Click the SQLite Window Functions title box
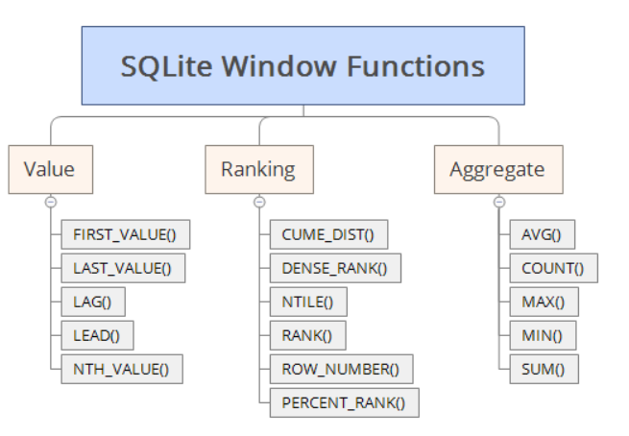[x=302, y=65]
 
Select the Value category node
[x=49, y=170]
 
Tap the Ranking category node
[x=257, y=170]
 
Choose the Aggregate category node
[x=496, y=170]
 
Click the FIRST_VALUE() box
[x=125, y=234]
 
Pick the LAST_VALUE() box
[x=122, y=268]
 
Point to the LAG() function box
[x=92, y=302]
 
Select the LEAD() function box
[x=96, y=335]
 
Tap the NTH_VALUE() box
[x=121, y=369]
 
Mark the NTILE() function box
[x=308, y=302]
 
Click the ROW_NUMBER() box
[x=341, y=369]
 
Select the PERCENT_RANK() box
[x=345, y=402]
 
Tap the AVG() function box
[x=541, y=234]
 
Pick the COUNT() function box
[x=552, y=268]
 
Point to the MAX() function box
[x=544, y=302]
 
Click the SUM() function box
[x=543, y=369]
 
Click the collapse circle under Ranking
[x=258, y=202]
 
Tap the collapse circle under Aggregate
[x=498, y=202]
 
